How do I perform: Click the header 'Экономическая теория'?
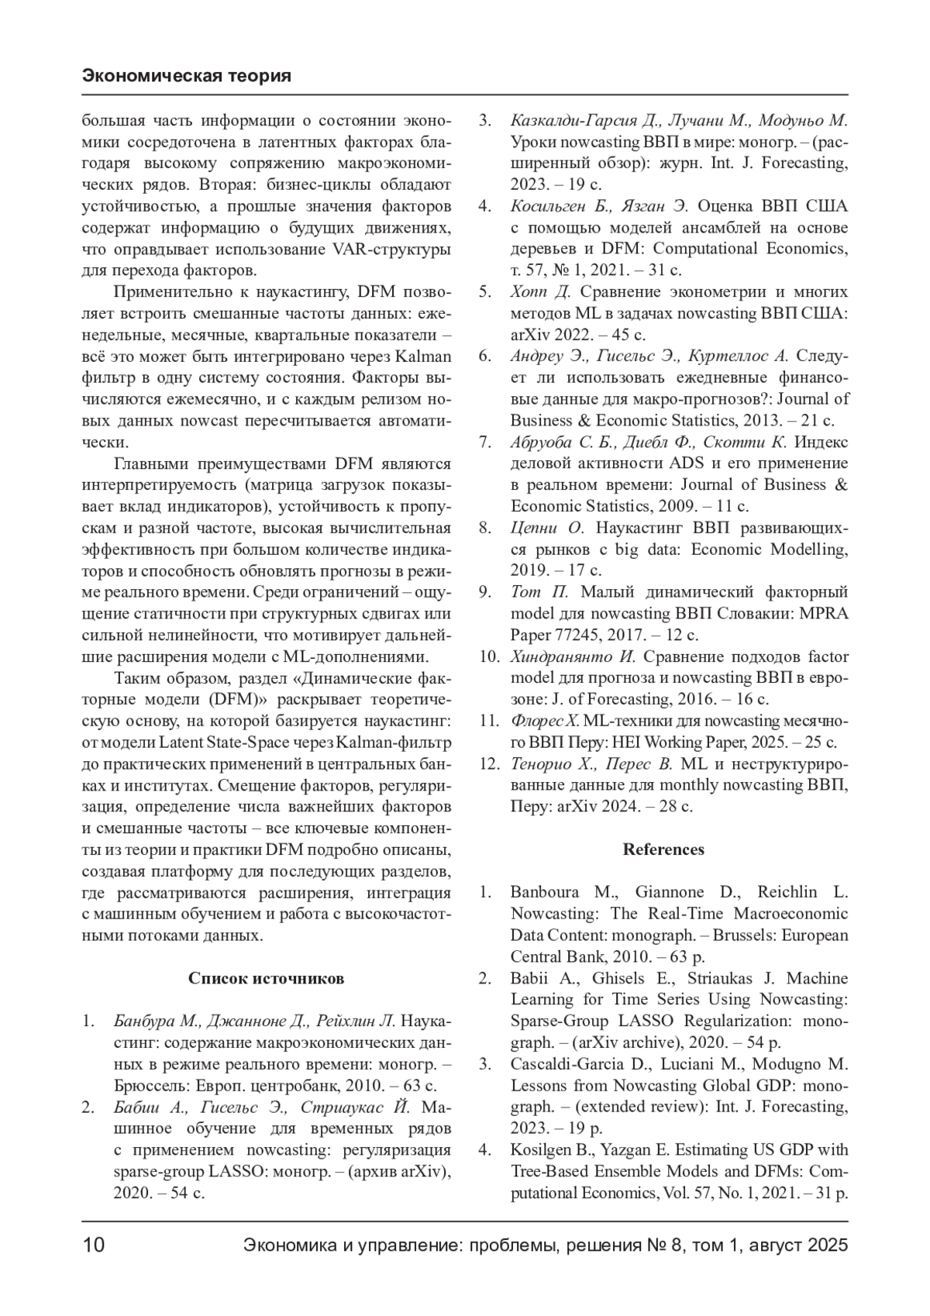pyautogui.click(x=186, y=76)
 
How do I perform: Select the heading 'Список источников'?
pyautogui.click(x=266, y=978)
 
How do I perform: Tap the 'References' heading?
pyautogui.click(x=663, y=849)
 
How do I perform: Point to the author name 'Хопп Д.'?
pyautogui.click(x=540, y=292)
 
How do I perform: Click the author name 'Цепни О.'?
pyautogui.click(x=546, y=528)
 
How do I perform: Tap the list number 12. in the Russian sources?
pyautogui.click(x=487, y=763)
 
